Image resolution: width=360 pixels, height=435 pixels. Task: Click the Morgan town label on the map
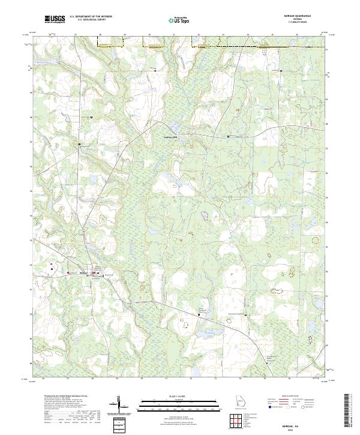pyautogui.click(x=84, y=274)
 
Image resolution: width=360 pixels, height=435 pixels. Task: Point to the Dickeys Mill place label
pyautogui.click(x=172, y=137)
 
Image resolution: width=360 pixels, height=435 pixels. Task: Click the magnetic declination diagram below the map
pyautogui.click(x=119, y=405)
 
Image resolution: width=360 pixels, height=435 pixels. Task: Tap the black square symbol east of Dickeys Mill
pyautogui.click(x=228, y=137)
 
